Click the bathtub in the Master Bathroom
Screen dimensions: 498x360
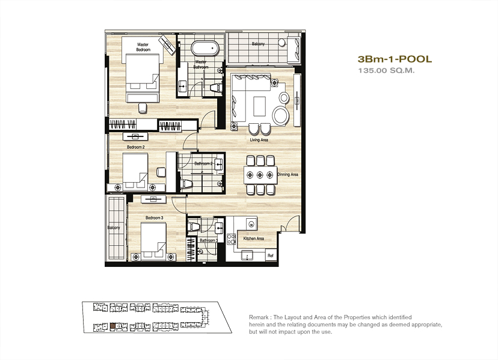point(205,48)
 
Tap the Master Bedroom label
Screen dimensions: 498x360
point(143,47)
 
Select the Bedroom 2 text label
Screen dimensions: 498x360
point(136,147)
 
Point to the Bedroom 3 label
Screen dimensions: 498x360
point(155,218)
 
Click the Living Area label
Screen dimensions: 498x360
point(259,140)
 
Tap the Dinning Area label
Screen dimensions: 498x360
point(287,175)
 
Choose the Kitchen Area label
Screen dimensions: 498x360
point(253,239)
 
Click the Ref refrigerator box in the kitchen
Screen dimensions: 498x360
point(271,255)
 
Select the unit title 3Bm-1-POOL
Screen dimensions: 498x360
point(395,59)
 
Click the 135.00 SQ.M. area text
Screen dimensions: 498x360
point(387,70)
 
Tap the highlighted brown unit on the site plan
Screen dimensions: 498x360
point(112,326)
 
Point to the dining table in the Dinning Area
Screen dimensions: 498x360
point(260,175)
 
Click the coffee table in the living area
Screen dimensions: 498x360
point(259,106)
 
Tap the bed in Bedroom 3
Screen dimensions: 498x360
point(153,239)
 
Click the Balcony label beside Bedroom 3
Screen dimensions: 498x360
point(114,228)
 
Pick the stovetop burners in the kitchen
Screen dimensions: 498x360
point(231,239)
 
